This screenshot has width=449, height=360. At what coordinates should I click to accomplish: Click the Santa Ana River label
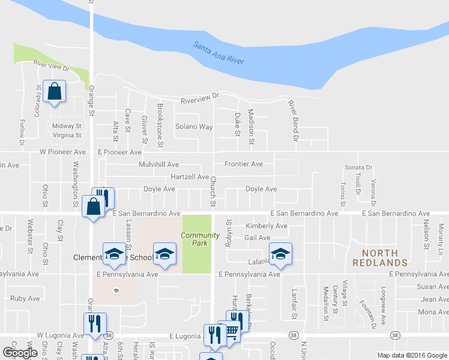[219, 53]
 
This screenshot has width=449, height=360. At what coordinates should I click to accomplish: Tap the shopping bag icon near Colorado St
[54, 92]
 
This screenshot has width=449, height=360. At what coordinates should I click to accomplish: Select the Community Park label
[196, 239]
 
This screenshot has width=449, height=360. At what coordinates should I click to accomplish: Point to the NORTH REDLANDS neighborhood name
[380, 257]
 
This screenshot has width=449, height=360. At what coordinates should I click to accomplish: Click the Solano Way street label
[194, 127]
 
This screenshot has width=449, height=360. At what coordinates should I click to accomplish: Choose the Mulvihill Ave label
[158, 164]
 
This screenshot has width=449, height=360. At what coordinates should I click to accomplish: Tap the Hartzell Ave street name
[189, 177]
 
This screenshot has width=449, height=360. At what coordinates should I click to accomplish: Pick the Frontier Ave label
[243, 164]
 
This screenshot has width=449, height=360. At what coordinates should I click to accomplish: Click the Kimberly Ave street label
[267, 226]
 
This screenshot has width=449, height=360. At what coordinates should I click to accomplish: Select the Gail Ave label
[257, 238]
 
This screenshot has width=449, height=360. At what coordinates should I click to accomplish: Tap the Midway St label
[67, 126]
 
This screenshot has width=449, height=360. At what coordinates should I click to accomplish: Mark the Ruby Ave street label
[25, 298]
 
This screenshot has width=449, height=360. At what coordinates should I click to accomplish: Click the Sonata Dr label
[358, 167]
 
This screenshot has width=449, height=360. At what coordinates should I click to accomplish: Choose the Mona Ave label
[433, 312]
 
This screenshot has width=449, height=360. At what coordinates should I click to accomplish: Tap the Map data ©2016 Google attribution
[412, 355]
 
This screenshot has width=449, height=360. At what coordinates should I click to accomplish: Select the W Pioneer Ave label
[62, 152]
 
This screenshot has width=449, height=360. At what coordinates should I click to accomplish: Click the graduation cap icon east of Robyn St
[280, 254]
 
